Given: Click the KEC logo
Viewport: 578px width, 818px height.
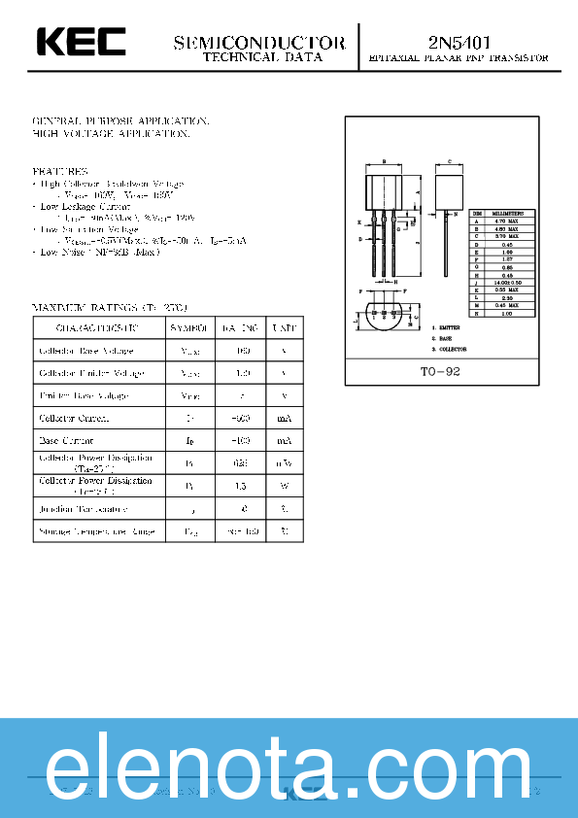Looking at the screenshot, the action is pyautogui.click(x=82, y=42).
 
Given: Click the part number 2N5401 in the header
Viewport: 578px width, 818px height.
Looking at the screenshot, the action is pyautogui.click(x=459, y=42).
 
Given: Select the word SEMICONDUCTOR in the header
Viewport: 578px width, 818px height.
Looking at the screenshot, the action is pyautogui.click(x=259, y=43).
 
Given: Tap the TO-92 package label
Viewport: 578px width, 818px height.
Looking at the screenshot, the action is pyautogui.click(x=440, y=372).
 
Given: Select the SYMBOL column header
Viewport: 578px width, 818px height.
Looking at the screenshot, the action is pyautogui.click(x=188, y=329).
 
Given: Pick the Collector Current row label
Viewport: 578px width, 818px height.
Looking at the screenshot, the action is pyautogui.click(x=74, y=419).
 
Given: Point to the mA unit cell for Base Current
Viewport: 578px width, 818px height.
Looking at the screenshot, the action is pyautogui.click(x=284, y=441).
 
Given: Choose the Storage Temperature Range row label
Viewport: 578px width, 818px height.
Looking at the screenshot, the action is pyautogui.click(x=95, y=532).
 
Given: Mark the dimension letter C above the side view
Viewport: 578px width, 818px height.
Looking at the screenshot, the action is pyautogui.click(x=450, y=161).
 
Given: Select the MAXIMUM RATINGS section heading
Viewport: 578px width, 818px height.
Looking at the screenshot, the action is pyautogui.click(x=109, y=307).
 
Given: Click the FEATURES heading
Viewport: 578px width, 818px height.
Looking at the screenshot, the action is pyautogui.click(x=60, y=171).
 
